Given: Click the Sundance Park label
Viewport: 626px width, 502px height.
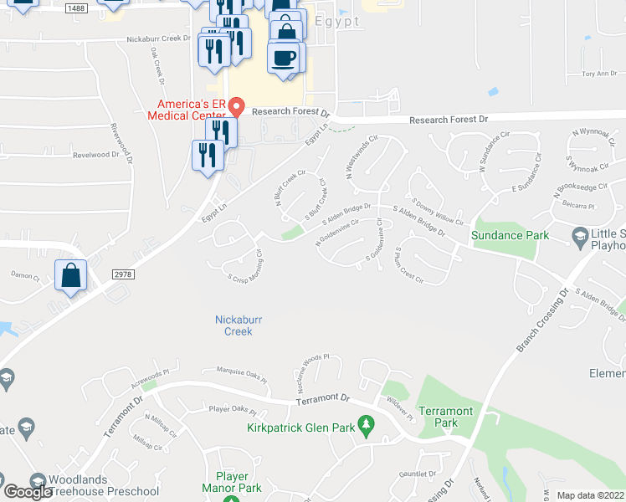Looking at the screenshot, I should click(x=511, y=235).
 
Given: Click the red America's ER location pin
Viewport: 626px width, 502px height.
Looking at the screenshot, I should click(x=236, y=107).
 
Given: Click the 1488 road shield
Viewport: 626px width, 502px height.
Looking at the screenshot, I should click(x=76, y=8).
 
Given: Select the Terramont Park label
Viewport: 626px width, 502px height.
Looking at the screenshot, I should click(x=446, y=417).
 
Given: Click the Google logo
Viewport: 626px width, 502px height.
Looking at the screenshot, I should click(x=28, y=491).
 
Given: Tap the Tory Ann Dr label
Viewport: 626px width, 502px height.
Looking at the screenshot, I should click(x=598, y=74).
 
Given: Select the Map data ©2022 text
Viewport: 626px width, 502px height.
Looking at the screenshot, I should click(x=590, y=495).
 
